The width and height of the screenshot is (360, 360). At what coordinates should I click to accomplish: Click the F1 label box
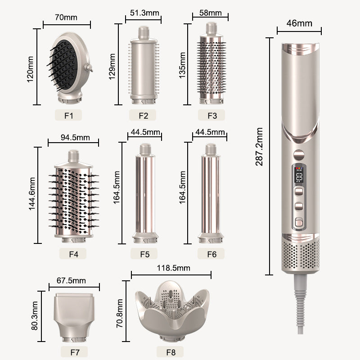tap(68, 115)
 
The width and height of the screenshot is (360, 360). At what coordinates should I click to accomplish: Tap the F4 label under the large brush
tap(74, 254)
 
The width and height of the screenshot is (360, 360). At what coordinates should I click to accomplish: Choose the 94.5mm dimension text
tap(75, 137)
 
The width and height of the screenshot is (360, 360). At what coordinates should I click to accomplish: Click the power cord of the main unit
tap(300, 306)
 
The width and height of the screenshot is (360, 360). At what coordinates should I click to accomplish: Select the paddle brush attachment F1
tap(70, 67)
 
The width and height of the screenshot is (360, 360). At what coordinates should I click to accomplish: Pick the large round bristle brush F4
tap(73, 198)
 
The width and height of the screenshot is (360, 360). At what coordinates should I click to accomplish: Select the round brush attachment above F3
tap(211, 63)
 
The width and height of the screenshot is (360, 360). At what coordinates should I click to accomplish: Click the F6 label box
tap(212, 254)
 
